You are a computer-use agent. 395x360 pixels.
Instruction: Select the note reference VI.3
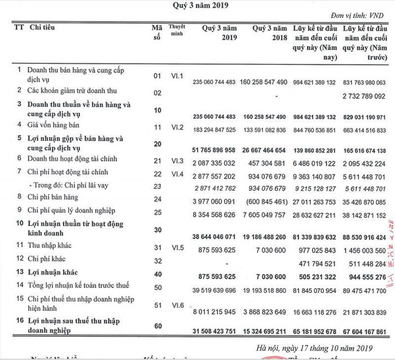click(x=178, y=161)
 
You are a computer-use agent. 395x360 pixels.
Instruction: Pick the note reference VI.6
click(x=178, y=305)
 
